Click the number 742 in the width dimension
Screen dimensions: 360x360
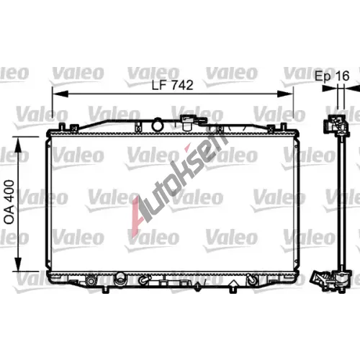tap(182, 85)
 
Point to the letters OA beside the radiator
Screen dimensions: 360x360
tap(9, 215)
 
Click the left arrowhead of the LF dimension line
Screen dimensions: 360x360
tap(60, 94)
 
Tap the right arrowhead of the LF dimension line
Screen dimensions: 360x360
tap(285, 94)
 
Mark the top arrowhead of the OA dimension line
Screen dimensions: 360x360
tap(18, 145)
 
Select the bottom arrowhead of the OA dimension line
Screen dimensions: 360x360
tap(18, 264)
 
